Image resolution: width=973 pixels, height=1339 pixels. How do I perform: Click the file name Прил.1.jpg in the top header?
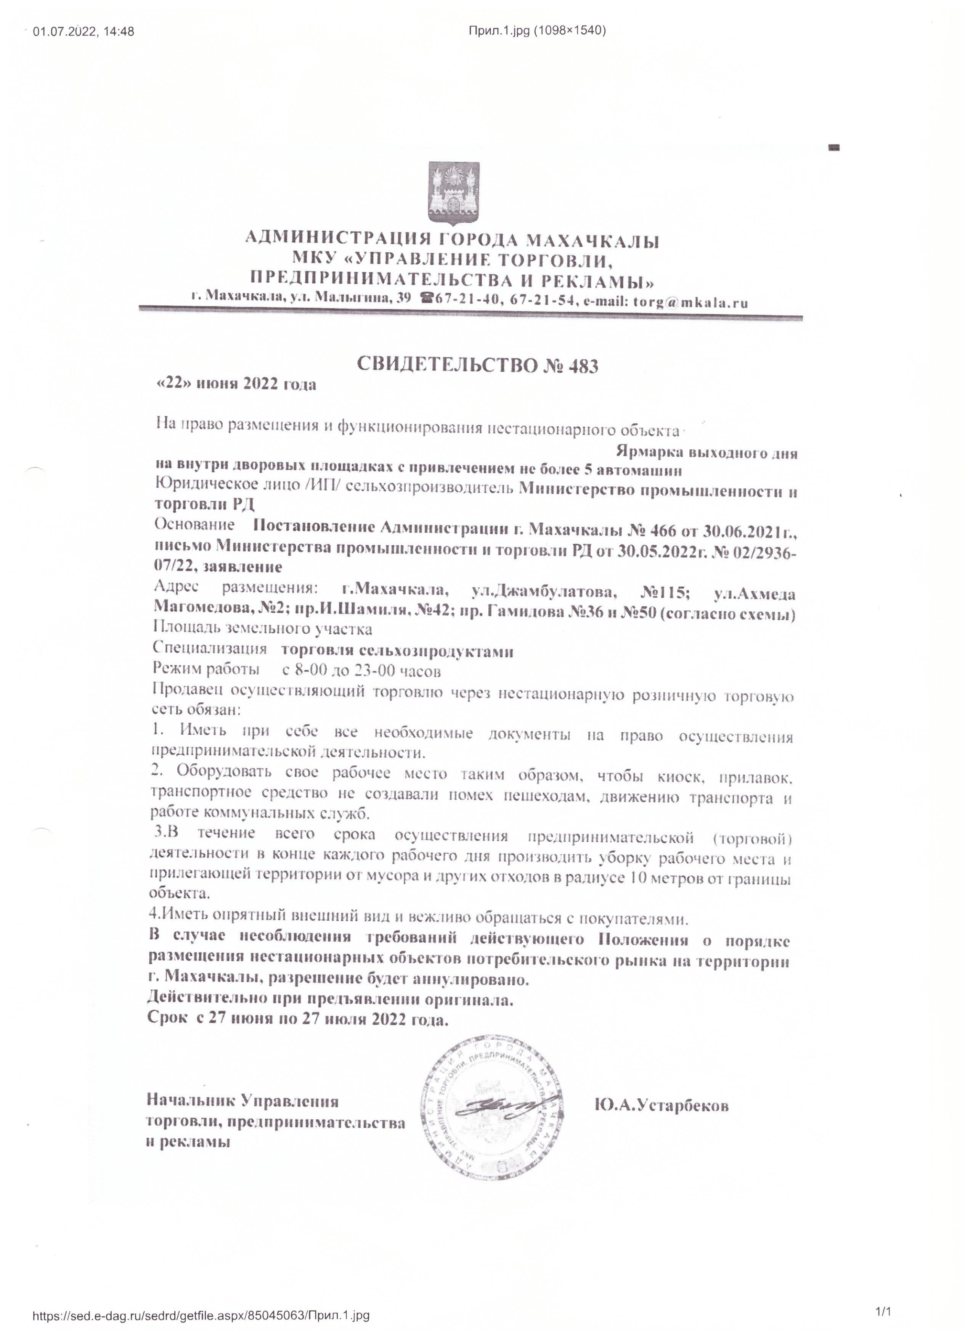point(499,31)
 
